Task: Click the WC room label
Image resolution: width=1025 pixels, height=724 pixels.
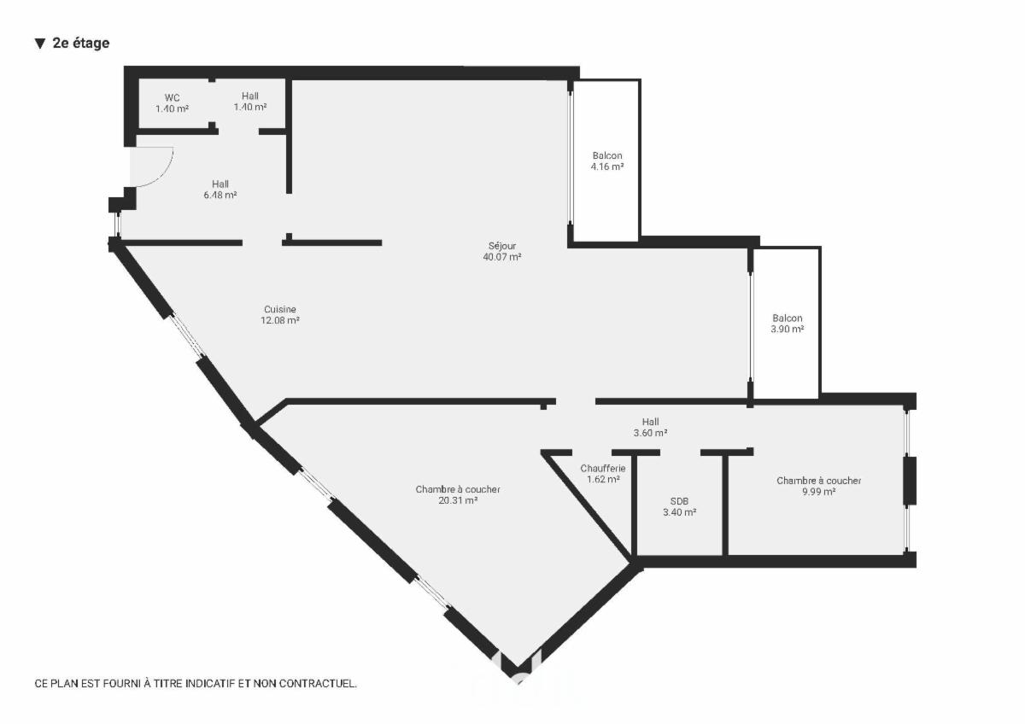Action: pyautogui.click(x=172, y=97)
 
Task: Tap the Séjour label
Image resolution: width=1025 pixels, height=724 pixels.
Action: pyautogui.click(x=502, y=246)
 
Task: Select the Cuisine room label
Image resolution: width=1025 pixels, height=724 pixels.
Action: pyautogui.click(x=280, y=309)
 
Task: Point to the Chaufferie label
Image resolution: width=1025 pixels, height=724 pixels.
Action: pyautogui.click(x=603, y=468)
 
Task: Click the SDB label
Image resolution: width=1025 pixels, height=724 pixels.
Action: pyautogui.click(x=680, y=501)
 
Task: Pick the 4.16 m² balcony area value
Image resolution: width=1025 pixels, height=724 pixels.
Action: pyautogui.click(x=607, y=166)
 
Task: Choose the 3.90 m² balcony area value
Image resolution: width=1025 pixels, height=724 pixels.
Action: pyautogui.click(x=787, y=329)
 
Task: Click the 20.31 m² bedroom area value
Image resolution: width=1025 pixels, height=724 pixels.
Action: pyautogui.click(x=458, y=500)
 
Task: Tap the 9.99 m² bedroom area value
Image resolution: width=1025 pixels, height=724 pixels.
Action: pyautogui.click(x=818, y=492)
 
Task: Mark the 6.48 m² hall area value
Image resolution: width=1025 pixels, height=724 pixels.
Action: pyautogui.click(x=220, y=195)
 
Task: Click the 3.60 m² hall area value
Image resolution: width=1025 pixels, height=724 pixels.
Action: pyautogui.click(x=650, y=433)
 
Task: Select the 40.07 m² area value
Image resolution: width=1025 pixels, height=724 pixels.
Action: pyautogui.click(x=502, y=257)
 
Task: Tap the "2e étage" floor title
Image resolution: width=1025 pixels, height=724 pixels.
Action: pyautogui.click(x=81, y=43)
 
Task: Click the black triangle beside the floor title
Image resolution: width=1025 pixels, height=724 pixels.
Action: pyautogui.click(x=40, y=44)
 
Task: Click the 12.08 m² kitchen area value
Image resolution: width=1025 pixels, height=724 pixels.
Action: pyautogui.click(x=280, y=320)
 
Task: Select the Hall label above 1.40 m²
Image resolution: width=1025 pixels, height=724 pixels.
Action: pyautogui.click(x=249, y=96)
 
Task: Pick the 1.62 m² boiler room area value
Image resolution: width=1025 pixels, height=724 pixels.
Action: pyautogui.click(x=603, y=479)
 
